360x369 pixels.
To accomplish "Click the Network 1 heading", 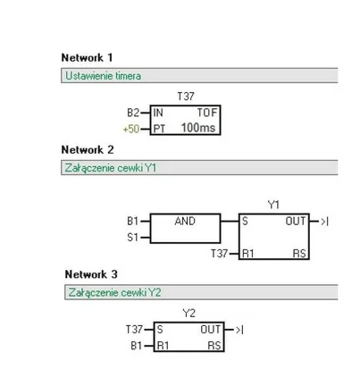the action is tap(87, 58).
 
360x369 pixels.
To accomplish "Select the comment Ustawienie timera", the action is tap(104, 76).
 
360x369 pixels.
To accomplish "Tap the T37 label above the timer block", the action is tap(186, 96).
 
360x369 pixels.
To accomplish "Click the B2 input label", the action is tap(133, 113).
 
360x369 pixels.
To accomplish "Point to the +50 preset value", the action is tap(131, 129).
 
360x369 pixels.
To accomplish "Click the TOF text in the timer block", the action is tap(207, 113).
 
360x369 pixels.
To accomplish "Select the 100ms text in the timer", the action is tap(198, 128).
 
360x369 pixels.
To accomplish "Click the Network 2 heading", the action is tap(88, 150).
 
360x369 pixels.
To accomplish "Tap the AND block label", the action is tap(185, 221).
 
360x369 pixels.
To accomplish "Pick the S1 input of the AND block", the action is tap(133, 238).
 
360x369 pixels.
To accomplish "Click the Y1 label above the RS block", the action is tap(273, 205).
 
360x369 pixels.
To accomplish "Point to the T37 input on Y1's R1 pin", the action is tap(220, 254).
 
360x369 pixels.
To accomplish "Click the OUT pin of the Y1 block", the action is tap(296, 221).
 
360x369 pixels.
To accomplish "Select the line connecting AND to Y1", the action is tap(230, 222).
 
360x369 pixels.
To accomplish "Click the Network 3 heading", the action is tap(91, 274).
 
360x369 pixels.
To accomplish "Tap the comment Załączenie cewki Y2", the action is tap(114, 292).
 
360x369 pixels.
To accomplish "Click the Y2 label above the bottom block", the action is tap(188, 314).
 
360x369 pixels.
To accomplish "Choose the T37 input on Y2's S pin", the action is tap(134, 330).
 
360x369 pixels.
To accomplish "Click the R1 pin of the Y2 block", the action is tap(163, 346).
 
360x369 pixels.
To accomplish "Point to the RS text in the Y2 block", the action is tap(214, 346).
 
